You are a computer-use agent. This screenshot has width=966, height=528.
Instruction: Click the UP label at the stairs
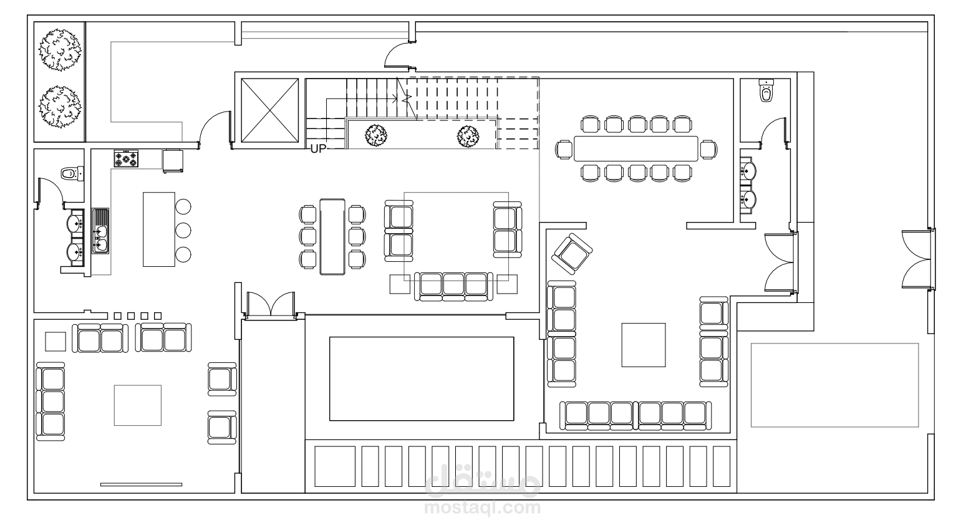tap(318, 149)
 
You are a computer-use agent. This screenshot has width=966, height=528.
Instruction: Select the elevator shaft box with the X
tap(270, 110)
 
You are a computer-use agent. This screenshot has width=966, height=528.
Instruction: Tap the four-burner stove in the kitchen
tap(127, 158)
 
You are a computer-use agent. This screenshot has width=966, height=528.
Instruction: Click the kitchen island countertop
tap(159, 229)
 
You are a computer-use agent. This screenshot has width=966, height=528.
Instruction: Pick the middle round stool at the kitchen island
tap(183, 230)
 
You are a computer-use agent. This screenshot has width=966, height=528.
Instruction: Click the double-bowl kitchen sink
tap(100, 231)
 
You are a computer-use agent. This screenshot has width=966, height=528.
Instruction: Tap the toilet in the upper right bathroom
tap(766, 91)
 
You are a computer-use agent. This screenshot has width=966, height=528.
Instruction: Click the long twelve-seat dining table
tap(635, 149)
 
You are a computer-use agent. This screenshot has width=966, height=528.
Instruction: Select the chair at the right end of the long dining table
tap(708, 150)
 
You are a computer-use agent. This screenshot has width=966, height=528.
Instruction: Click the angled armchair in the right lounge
tap(572, 254)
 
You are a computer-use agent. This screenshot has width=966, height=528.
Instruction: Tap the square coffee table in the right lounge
tap(644, 345)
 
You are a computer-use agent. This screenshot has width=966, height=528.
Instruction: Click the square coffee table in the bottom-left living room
tap(138, 406)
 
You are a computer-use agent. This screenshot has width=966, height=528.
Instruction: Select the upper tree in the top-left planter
tap(59, 50)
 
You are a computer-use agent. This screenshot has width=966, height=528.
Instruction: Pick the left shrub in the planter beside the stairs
tap(376, 136)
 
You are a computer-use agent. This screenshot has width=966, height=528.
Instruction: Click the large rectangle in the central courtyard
tap(422, 379)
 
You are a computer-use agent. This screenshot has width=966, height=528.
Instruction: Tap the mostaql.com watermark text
tap(483, 508)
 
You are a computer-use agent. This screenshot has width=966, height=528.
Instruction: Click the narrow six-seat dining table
tap(332, 237)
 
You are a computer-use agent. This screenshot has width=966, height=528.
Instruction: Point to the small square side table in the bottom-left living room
tap(56, 342)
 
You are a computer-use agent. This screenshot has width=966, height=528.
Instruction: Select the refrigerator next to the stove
tap(173, 161)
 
